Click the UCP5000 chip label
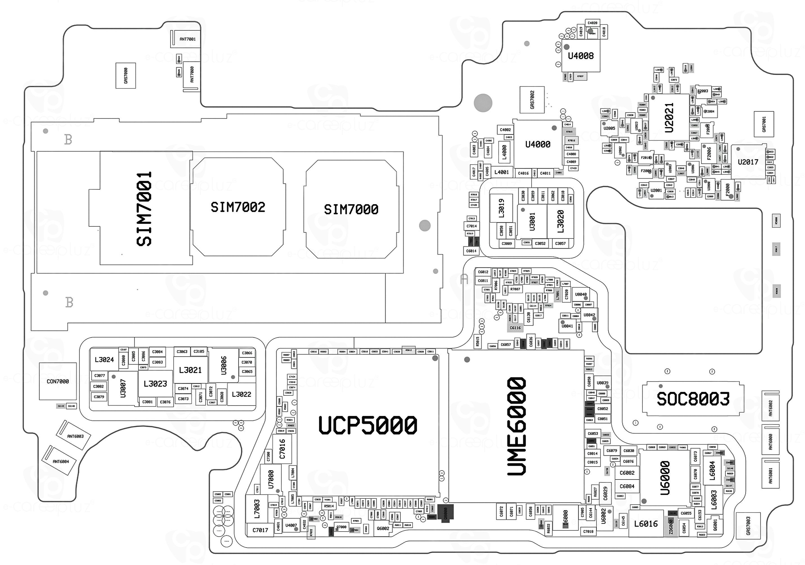pyautogui.click(x=368, y=425)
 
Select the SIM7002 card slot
pyautogui.click(x=238, y=207)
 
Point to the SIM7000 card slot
pyautogui.click(x=351, y=210)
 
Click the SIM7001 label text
pyautogui.click(x=144, y=209)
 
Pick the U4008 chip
pyautogui.click(x=581, y=56)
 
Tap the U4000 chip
pyautogui.click(x=537, y=144)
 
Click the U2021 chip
pyautogui.click(x=669, y=118)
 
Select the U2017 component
pyautogui.click(x=748, y=162)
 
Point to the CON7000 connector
pyautogui.click(x=57, y=381)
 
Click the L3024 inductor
pyautogui.click(x=104, y=360)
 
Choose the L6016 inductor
pyautogui.click(x=646, y=524)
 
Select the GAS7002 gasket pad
pyautogui.click(x=532, y=100)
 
